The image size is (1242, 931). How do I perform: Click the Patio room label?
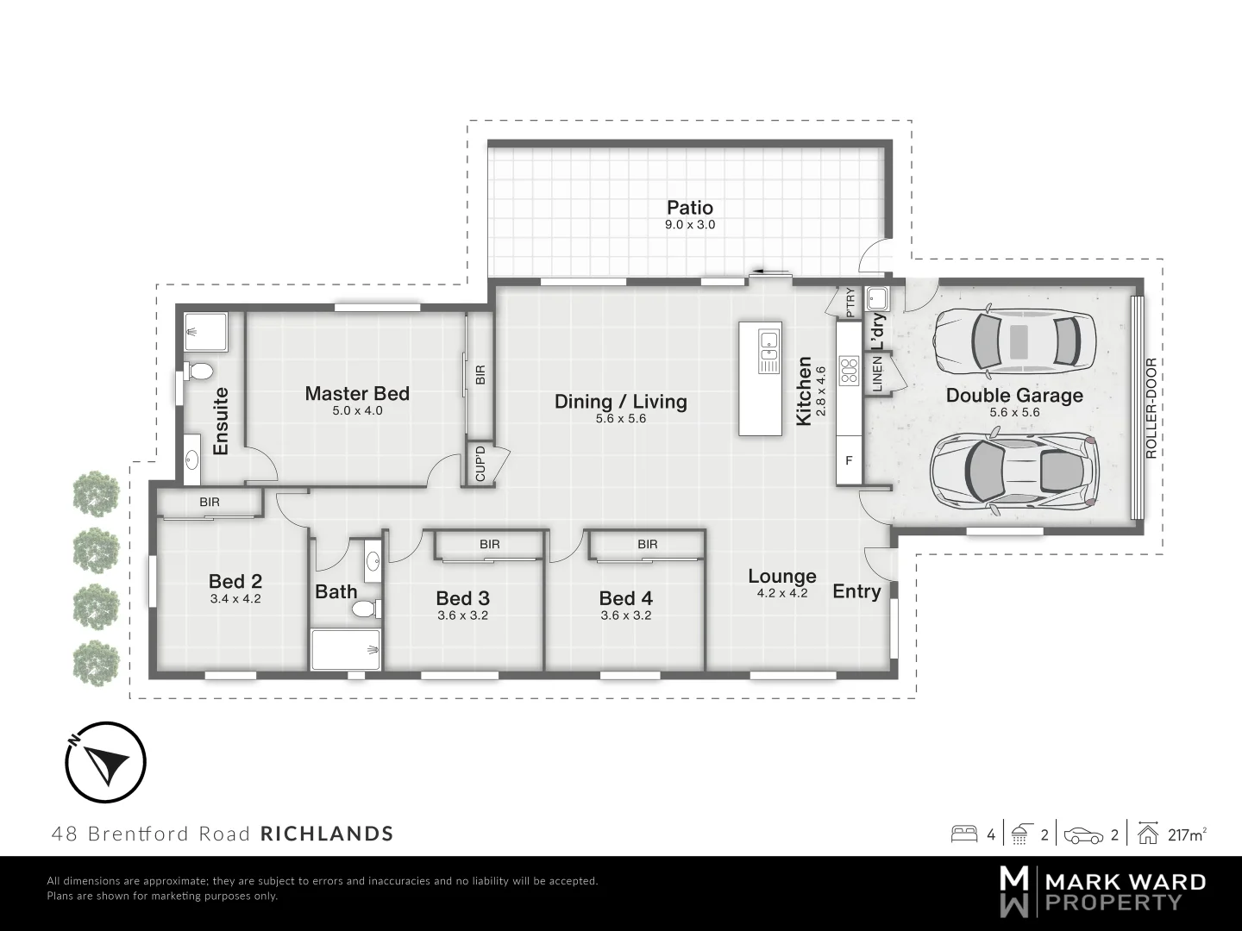tap(690, 208)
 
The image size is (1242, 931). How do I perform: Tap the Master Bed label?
tap(357, 394)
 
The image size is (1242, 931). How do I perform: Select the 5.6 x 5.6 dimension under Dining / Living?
tap(620, 419)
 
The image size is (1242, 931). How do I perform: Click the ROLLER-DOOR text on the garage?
tap(1151, 408)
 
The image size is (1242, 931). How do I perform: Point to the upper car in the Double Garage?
tap(1016, 340)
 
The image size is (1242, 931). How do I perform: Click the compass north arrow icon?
tap(106, 762)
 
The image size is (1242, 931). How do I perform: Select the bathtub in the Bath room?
tap(346, 650)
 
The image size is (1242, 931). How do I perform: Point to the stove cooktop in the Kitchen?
tap(849, 370)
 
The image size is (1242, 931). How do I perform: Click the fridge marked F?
tap(849, 461)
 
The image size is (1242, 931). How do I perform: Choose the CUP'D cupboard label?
tap(480, 464)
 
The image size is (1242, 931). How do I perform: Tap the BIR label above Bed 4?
tap(648, 544)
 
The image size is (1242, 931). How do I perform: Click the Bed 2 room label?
tap(235, 582)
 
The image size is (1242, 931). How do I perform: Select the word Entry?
tap(856, 591)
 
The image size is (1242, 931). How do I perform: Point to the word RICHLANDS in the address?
tap(327, 834)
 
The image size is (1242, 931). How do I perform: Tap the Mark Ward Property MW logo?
tap(1013, 892)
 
